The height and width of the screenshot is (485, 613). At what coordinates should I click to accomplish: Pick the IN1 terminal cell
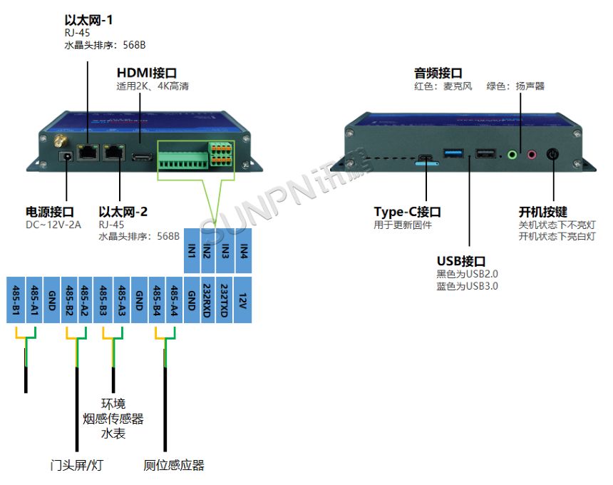(x=192, y=250)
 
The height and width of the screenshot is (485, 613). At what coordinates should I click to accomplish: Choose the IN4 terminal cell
(x=244, y=250)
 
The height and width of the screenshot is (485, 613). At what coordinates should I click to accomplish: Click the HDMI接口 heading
(x=146, y=73)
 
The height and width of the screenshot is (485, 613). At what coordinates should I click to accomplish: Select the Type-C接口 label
(x=407, y=212)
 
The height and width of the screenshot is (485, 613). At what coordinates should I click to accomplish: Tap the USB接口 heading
(x=460, y=260)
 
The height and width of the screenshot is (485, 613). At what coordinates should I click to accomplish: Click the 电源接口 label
(x=50, y=212)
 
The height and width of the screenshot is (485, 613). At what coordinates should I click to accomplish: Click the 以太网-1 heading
(x=88, y=21)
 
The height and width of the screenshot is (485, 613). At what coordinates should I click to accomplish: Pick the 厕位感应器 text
(x=174, y=466)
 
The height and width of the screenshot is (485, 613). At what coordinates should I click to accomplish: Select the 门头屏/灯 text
(x=77, y=466)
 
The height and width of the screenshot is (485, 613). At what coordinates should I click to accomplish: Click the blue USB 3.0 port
(x=453, y=153)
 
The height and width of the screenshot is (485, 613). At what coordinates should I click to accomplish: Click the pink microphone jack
(x=531, y=153)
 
